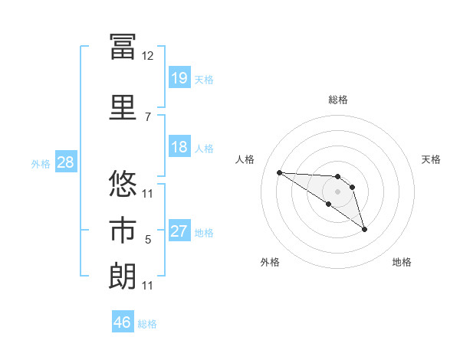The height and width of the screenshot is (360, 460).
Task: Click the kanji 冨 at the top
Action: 123,47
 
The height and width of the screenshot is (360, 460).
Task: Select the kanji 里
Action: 123,107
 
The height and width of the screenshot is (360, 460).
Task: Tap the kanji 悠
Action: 123,183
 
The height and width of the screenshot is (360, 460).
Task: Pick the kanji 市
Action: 123,230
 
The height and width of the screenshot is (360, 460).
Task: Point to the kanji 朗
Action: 123,276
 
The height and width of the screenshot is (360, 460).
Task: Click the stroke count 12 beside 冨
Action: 147,56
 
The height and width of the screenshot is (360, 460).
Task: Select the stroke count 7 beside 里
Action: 148,117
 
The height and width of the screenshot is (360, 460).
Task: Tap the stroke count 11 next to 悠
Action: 147,194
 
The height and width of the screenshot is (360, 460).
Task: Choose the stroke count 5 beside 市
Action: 148,240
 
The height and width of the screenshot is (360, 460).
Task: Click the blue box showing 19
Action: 179,77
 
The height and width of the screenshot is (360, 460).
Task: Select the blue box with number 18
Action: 179,146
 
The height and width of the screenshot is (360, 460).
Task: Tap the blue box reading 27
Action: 179,230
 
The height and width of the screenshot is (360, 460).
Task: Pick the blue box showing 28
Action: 66,162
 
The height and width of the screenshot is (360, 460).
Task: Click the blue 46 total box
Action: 123,321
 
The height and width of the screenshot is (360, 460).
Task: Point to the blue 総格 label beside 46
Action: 147,324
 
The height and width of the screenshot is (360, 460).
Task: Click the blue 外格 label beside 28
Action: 41,164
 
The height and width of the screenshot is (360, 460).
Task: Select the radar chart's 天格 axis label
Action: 431,159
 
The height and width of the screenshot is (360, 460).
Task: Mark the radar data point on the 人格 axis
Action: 280,172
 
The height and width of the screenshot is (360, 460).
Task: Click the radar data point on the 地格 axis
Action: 364,230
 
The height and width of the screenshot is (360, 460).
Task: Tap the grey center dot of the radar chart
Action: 337,191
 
